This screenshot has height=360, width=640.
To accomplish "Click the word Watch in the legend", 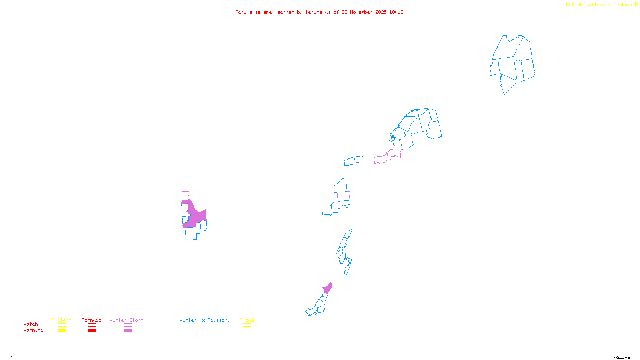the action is pos(31,324).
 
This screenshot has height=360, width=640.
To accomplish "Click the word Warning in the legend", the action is pos(33,330).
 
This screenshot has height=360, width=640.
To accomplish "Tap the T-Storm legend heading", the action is pos(62,320).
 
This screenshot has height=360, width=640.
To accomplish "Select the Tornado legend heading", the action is pos(92,320).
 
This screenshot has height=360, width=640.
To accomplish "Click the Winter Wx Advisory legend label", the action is pos(205,320).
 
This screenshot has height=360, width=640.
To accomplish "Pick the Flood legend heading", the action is pos(247,320).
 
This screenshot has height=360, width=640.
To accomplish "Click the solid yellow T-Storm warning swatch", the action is pos(62,331).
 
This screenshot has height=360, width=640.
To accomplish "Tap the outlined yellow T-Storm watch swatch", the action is pos(62,325).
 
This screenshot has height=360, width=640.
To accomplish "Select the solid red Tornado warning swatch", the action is pos(92,331).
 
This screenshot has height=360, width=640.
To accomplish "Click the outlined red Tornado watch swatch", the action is pos(92,325).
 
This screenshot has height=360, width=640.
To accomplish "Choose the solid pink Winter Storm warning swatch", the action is pos(128,331).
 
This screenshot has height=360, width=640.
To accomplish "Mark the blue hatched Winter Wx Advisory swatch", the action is pos(204,331).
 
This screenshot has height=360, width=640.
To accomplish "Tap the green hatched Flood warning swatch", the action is pos(247,331).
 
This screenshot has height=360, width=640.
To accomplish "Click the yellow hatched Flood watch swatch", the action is pos(247,325).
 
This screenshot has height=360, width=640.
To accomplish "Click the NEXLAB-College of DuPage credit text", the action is pos(600,5).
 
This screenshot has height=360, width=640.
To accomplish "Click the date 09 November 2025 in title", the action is pos(364,12).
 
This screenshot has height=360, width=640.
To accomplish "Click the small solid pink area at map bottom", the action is pos(328,288).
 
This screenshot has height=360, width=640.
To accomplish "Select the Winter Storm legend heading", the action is pos(126,320).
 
